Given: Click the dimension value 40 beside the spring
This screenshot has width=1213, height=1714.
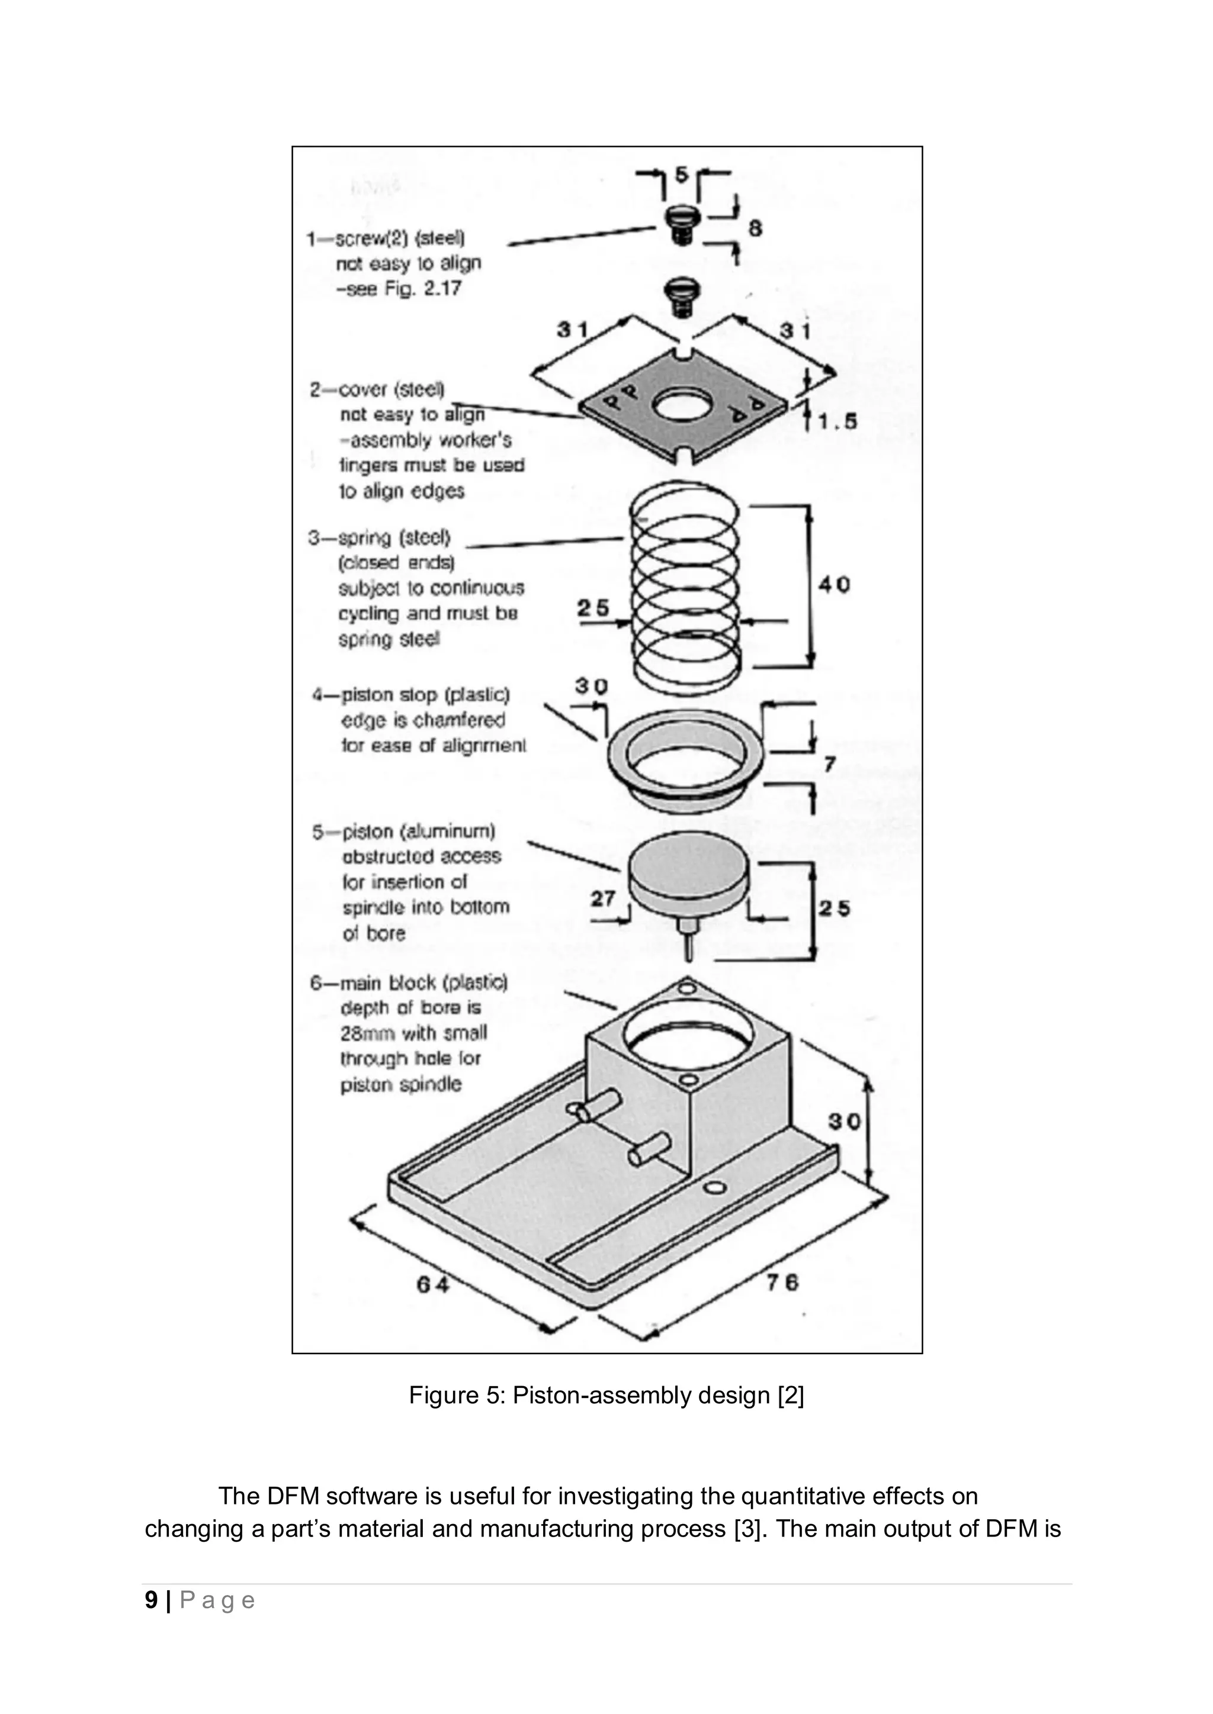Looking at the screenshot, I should click(x=833, y=585).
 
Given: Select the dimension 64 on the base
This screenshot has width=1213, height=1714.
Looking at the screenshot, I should click(x=432, y=1284).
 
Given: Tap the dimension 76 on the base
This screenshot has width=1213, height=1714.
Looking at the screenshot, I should click(x=781, y=1283).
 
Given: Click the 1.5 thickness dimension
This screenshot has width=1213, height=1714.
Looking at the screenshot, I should click(x=836, y=422).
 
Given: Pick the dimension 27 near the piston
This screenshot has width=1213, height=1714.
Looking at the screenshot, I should click(x=603, y=899).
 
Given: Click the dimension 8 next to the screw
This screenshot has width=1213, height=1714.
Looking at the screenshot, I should click(x=755, y=228).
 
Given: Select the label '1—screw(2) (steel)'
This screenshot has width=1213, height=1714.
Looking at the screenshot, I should click(x=386, y=239).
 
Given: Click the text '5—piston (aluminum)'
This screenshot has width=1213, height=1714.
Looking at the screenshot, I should click(x=403, y=831).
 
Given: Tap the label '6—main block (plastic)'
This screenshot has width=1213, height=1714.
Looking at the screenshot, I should click(x=409, y=982).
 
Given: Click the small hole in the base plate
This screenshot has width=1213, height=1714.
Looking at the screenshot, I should click(x=715, y=1188).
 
